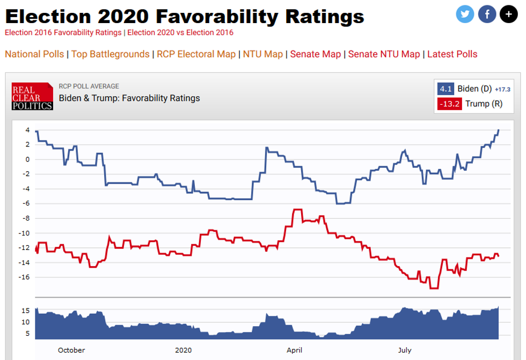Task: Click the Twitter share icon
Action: pyautogui.click(x=465, y=14)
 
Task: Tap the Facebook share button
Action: pyautogui.click(x=486, y=14)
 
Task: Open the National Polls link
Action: pyautogui.click(x=34, y=54)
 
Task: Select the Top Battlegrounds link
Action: pyautogui.click(x=110, y=54)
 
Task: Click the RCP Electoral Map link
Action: pyautogui.click(x=196, y=54)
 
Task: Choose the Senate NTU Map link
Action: pyautogui.click(x=384, y=54)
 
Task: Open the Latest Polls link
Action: pyautogui.click(x=452, y=54)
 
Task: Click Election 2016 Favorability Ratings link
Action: pyautogui.click(x=63, y=33)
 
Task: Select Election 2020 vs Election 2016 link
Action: pyautogui.click(x=180, y=33)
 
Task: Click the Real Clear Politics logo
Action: pyautogui.click(x=32, y=96)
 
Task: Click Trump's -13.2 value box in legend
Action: pyautogui.click(x=449, y=104)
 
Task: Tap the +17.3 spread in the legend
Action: pyautogui.click(x=502, y=90)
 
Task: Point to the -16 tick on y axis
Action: pyautogui.click(x=24, y=277)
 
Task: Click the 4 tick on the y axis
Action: pyautogui.click(x=27, y=130)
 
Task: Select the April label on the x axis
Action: pyautogui.click(x=294, y=350)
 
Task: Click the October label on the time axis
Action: pyautogui.click(x=71, y=350)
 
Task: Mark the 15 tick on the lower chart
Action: pyautogui.click(x=25, y=311)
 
